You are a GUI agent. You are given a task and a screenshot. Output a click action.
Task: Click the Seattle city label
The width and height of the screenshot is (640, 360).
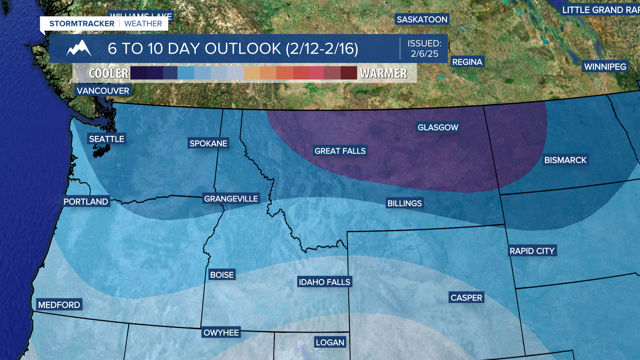coord(106,139)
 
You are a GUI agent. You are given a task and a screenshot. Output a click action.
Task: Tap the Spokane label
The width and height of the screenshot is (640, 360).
coord(208,143)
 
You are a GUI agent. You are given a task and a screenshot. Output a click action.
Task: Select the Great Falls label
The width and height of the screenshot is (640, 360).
coord(340,151)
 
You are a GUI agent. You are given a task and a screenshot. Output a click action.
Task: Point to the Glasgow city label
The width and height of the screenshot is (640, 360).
coord(438,127)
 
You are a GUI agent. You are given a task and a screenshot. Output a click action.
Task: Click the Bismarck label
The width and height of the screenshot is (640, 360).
coord(565,160)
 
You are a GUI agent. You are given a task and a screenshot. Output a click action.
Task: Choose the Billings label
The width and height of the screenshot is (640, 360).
coord(404,203)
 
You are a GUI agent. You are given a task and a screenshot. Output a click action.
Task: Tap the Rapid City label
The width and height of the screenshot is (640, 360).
coord(532,251)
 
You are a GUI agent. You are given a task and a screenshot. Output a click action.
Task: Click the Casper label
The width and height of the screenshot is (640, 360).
coord(466,298)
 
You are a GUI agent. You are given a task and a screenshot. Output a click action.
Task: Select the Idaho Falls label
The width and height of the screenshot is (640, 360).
coord(324,282)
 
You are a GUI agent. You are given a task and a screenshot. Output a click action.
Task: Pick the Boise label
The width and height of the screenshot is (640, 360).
coord(222,275)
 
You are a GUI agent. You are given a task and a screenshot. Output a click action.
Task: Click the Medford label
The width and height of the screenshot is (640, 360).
coord(59,305)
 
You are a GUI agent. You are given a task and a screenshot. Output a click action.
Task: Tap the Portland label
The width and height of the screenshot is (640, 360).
coord(86,202)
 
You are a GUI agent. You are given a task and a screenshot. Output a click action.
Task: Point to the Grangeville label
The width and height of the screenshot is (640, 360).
coord(231,199)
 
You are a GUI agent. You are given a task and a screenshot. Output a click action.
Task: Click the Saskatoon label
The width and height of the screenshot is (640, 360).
coord(422,19)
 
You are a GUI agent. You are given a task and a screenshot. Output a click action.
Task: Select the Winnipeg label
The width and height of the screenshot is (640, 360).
coord(605,67)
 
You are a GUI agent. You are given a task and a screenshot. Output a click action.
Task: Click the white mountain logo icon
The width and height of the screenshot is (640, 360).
coord(79,48)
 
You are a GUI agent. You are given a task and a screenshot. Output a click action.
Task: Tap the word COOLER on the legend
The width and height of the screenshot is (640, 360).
coord(109,73)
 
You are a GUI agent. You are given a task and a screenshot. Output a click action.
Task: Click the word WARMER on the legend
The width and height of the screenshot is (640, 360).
coord(383,73)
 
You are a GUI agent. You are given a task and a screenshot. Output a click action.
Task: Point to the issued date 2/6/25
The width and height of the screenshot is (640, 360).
coord(424,54)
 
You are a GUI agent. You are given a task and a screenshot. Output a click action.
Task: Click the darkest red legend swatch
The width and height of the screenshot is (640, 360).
coord(349,73)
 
